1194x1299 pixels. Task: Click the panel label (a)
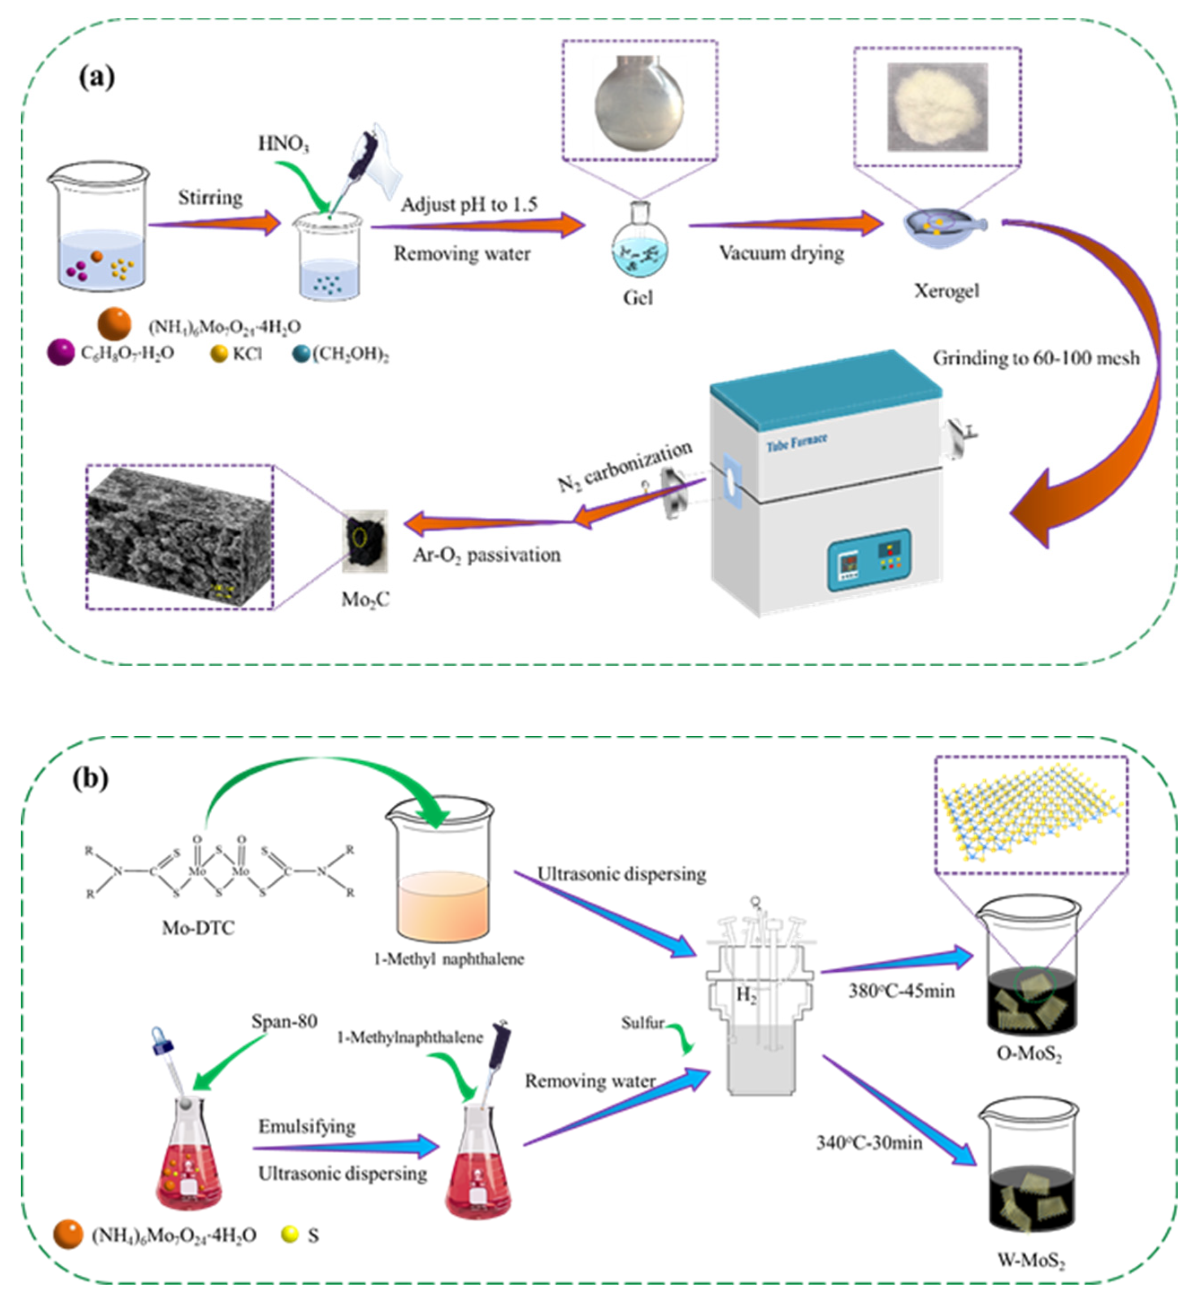click(96, 77)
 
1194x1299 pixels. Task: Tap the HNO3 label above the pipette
click(283, 143)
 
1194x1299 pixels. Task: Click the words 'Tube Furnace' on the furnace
click(797, 443)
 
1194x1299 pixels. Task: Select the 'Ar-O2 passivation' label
click(486, 555)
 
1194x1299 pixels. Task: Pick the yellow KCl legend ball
click(220, 353)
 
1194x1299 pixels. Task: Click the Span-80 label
click(284, 1021)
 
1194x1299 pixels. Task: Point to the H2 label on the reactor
click(746, 996)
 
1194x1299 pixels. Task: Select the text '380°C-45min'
click(901, 991)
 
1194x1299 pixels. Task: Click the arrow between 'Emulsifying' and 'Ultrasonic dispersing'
click(346, 1148)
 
